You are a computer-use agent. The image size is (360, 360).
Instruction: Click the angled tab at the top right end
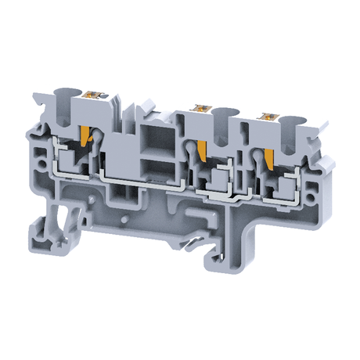point(316,144)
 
